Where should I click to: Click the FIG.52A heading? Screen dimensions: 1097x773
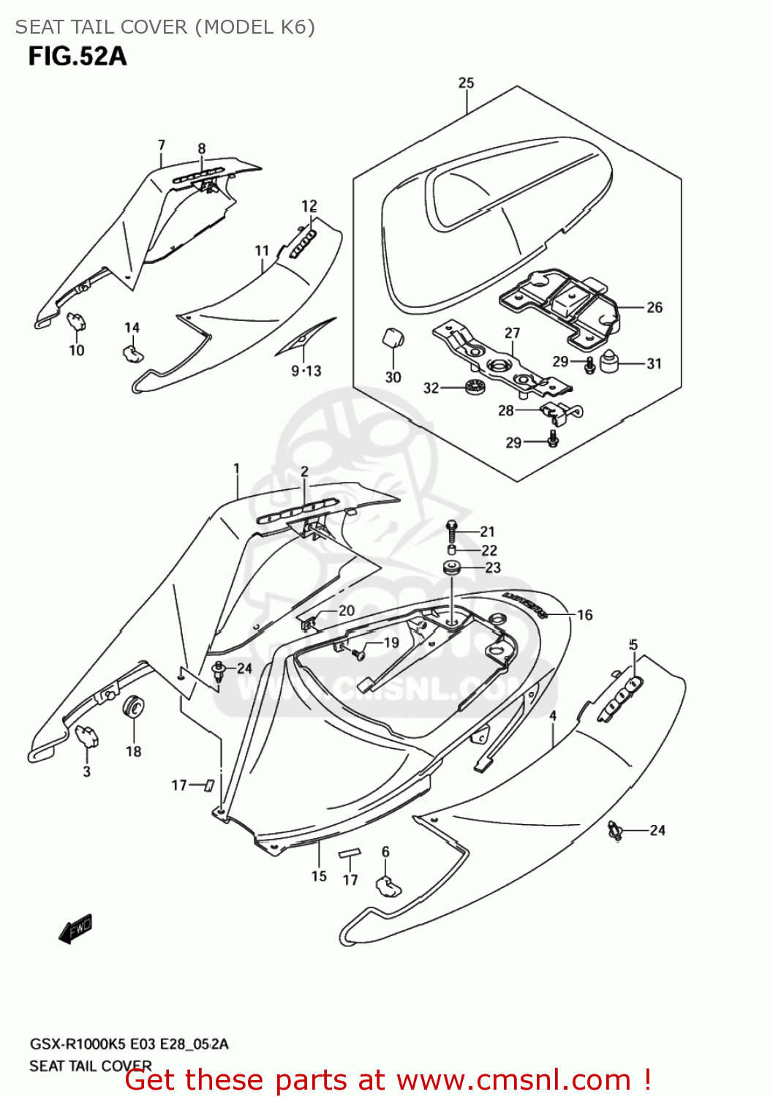click(77, 56)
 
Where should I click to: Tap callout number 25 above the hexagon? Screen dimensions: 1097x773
click(466, 83)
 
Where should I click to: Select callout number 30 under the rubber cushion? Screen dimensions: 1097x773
click(393, 377)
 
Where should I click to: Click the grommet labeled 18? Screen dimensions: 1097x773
click(134, 708)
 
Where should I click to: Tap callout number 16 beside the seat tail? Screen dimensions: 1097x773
click(584, 615)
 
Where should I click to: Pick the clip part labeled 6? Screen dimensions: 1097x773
click(387, 886)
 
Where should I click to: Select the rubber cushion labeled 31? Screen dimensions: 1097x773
click(610, 361)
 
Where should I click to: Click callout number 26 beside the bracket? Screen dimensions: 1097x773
click(654, 307)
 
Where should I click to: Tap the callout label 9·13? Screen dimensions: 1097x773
click(306, 371)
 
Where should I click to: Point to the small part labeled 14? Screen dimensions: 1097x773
click(132, 353)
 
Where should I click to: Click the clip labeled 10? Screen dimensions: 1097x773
click(77, 320)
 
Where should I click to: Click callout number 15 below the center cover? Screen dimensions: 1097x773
click(319, 875)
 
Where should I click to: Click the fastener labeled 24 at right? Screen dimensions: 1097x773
click(615, 830)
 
